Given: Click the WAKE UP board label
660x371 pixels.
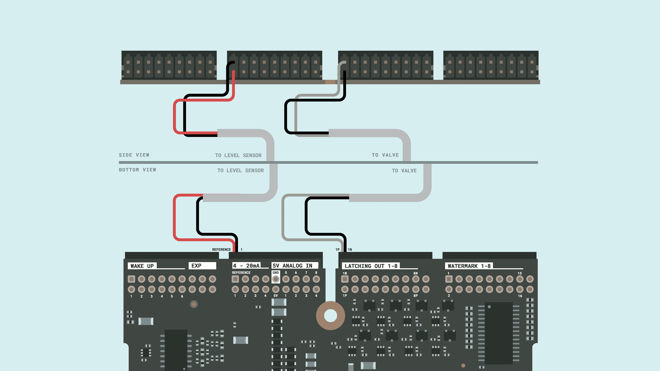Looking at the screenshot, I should pyautogui.click(x=142, y=266).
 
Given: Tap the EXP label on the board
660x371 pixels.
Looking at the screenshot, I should pyautogui.click(x=197, y=265).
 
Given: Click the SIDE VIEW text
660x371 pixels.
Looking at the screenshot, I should pyautogui.click(x=134, y=155).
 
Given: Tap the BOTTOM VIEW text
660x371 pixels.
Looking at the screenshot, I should pyautogui.click(x=137, y=170).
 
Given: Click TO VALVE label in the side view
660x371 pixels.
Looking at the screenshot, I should pyautogui.click(x=385, y=155).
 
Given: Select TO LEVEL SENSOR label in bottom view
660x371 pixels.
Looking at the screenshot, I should pyautogui.click(x=240, y=170).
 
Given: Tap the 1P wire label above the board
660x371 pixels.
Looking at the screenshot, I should pyautogui.click(x=337, y=249).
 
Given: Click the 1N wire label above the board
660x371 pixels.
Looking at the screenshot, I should pyautogui.click(x=350, y=249).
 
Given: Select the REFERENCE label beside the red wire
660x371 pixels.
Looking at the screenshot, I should pyautogui.click(x=221, y=249).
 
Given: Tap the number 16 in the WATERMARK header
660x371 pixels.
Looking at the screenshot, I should pyautogui.click(x=520, y=296).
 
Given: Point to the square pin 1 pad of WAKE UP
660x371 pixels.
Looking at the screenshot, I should pyautogui.click(x=131, y=279).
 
